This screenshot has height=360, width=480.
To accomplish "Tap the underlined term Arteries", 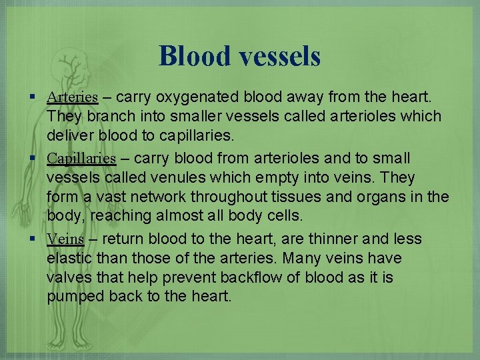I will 73,97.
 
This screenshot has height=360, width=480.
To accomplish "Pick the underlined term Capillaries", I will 81,159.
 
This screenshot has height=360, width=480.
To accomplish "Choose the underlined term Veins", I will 65,239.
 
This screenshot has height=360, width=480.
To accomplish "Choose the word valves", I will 69,277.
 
